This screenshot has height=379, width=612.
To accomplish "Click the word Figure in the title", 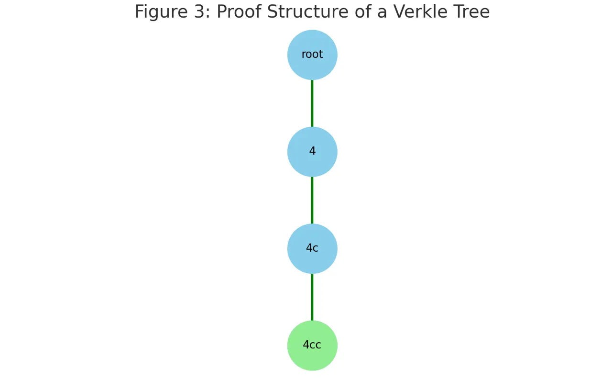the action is point(161,12).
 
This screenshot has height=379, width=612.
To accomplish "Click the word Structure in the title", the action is point(307,12).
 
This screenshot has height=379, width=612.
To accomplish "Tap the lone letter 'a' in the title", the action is point(382,14).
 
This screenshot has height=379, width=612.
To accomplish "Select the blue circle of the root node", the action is point(312,55).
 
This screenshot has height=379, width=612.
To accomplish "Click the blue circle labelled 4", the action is point(312,152).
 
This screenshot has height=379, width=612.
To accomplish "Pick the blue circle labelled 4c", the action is point(312,248).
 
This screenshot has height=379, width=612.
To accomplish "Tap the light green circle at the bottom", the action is point(312,346).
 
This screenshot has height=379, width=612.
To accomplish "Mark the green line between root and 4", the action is point(312,103).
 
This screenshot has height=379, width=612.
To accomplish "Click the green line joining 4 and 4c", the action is point(312,200).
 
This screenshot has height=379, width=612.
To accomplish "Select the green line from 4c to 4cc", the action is point(312,297).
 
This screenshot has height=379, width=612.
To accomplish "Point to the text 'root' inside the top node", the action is point(312,55).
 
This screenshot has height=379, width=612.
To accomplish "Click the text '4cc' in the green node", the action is point(312,345).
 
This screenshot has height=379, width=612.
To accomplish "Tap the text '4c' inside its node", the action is point(312,248).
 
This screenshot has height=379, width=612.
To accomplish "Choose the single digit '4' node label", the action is point(312,151).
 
